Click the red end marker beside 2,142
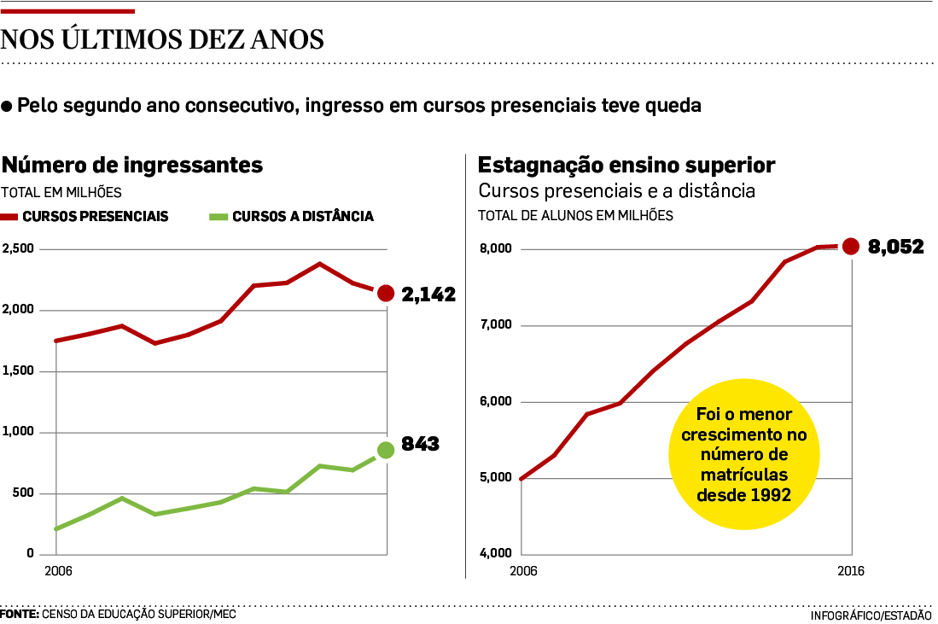(386, 294)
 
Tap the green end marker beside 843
(386, 450)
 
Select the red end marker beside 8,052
(850, 247)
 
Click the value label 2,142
(428, 295)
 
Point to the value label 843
(420, 445)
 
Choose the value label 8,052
(896, 248)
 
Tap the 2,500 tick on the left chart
(18, 248)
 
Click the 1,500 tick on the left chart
(18, 370)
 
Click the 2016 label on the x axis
(851, 571)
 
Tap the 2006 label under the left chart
(56, 571)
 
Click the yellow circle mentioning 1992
(743, 454)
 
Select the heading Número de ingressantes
(131, 164)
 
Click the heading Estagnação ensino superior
(626, 164)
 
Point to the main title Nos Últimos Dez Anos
(162, 39)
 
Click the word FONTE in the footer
(19, 614)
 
